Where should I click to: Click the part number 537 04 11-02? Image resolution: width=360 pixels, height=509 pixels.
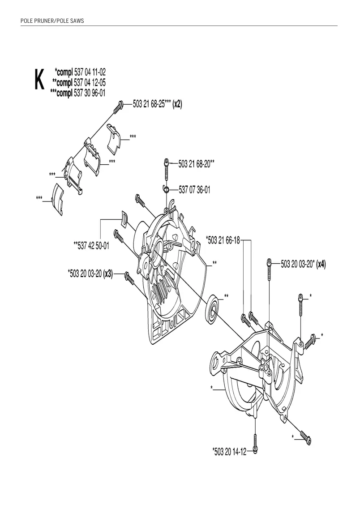pos(90,72)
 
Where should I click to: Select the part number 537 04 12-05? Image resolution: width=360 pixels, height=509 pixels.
pos(90,82)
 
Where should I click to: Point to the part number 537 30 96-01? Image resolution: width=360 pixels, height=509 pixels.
pos(90,93)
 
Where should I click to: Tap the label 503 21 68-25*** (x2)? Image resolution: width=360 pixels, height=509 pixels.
pos(158,104)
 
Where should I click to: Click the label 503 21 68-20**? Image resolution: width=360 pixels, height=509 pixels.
pos(196,164)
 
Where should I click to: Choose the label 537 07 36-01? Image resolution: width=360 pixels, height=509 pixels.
pos(194,189)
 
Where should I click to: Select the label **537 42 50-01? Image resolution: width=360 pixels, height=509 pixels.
pos(91,245)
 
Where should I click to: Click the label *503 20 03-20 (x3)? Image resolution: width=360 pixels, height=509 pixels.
pos(90,274)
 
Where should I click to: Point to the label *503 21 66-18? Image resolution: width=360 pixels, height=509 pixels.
pos(223,240)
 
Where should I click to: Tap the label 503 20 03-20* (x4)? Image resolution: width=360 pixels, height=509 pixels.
pos(303,264)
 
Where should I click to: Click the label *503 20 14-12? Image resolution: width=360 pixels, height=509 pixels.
pos(230,451)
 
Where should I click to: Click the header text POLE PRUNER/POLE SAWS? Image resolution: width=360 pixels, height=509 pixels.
pos(52,21)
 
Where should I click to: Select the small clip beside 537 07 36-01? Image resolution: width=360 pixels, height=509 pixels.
pos(166,188)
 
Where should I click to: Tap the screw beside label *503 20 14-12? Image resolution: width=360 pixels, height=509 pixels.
pos(256,443)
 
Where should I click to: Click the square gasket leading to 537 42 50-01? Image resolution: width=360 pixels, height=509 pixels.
pos(123,218)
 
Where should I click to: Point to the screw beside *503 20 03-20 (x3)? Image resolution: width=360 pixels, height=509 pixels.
pos(129,278)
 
